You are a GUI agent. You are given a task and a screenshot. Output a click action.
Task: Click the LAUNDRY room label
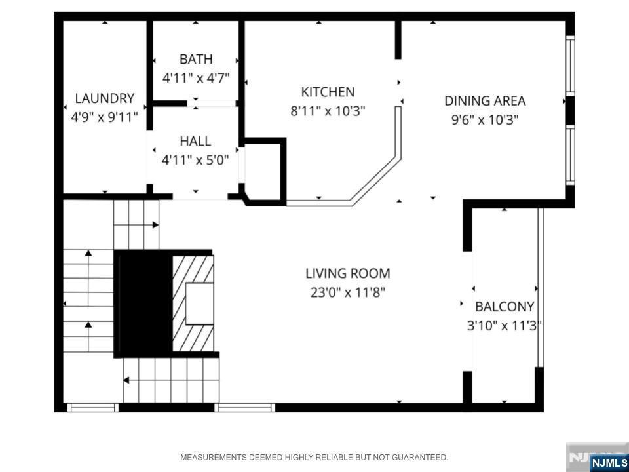(105, 98)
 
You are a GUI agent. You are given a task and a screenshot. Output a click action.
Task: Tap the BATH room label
(196, 59)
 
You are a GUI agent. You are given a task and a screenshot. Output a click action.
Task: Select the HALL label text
(195, 142)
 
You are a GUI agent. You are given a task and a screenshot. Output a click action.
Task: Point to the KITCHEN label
(328, 92)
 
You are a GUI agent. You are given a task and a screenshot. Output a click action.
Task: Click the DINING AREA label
(485, 101)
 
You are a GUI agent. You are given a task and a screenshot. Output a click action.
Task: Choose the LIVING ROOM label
(348, 274)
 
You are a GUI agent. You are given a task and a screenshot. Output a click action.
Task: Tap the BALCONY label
(505, 307)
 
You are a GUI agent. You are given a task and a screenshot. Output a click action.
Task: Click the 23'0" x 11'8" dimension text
(348, 292)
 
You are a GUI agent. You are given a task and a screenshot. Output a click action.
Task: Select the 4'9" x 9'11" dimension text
(105, 117)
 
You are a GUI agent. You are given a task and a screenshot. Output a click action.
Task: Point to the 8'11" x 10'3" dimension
(328, 111)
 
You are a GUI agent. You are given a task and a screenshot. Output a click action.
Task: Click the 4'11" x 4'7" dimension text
(196, 78)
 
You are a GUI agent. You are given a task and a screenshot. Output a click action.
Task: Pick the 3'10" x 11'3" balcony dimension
(505, 326)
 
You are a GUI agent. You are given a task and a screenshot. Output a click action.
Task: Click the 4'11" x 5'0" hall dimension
(195, 160)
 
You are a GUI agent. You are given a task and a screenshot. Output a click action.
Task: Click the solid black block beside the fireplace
(143, 304)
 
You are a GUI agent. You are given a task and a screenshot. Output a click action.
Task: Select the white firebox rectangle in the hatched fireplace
(199, 304)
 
